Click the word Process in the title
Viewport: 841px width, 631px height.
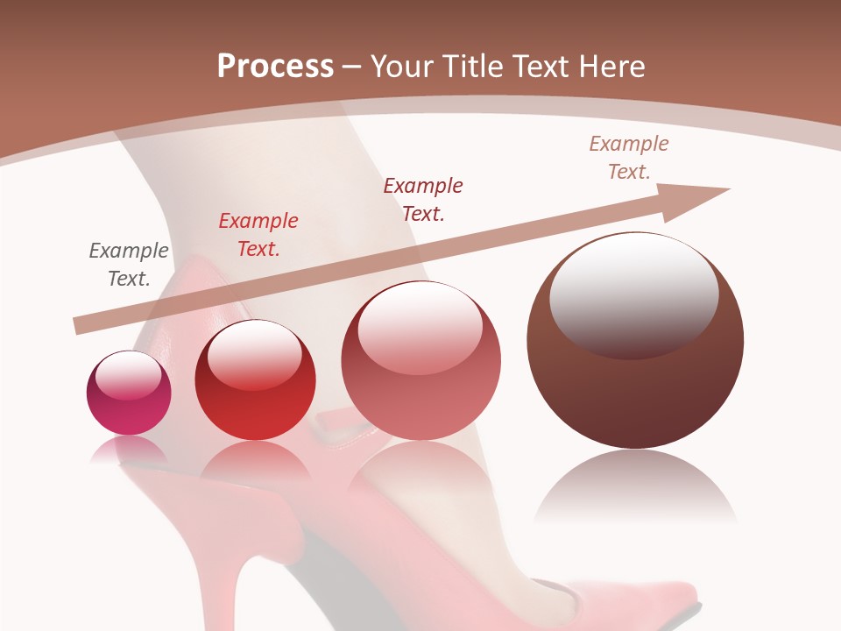coord(275,67)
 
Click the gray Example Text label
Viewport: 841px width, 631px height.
coord(129,265)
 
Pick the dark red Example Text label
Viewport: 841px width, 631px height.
coord(423,200)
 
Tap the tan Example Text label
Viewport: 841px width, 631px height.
coord(629,158)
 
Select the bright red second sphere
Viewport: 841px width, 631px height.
coord(255,412)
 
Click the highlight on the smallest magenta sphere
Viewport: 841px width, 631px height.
coord(129,375)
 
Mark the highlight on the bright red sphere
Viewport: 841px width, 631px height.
coord(255,355)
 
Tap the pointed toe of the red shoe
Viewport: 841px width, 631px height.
coord(675,605)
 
